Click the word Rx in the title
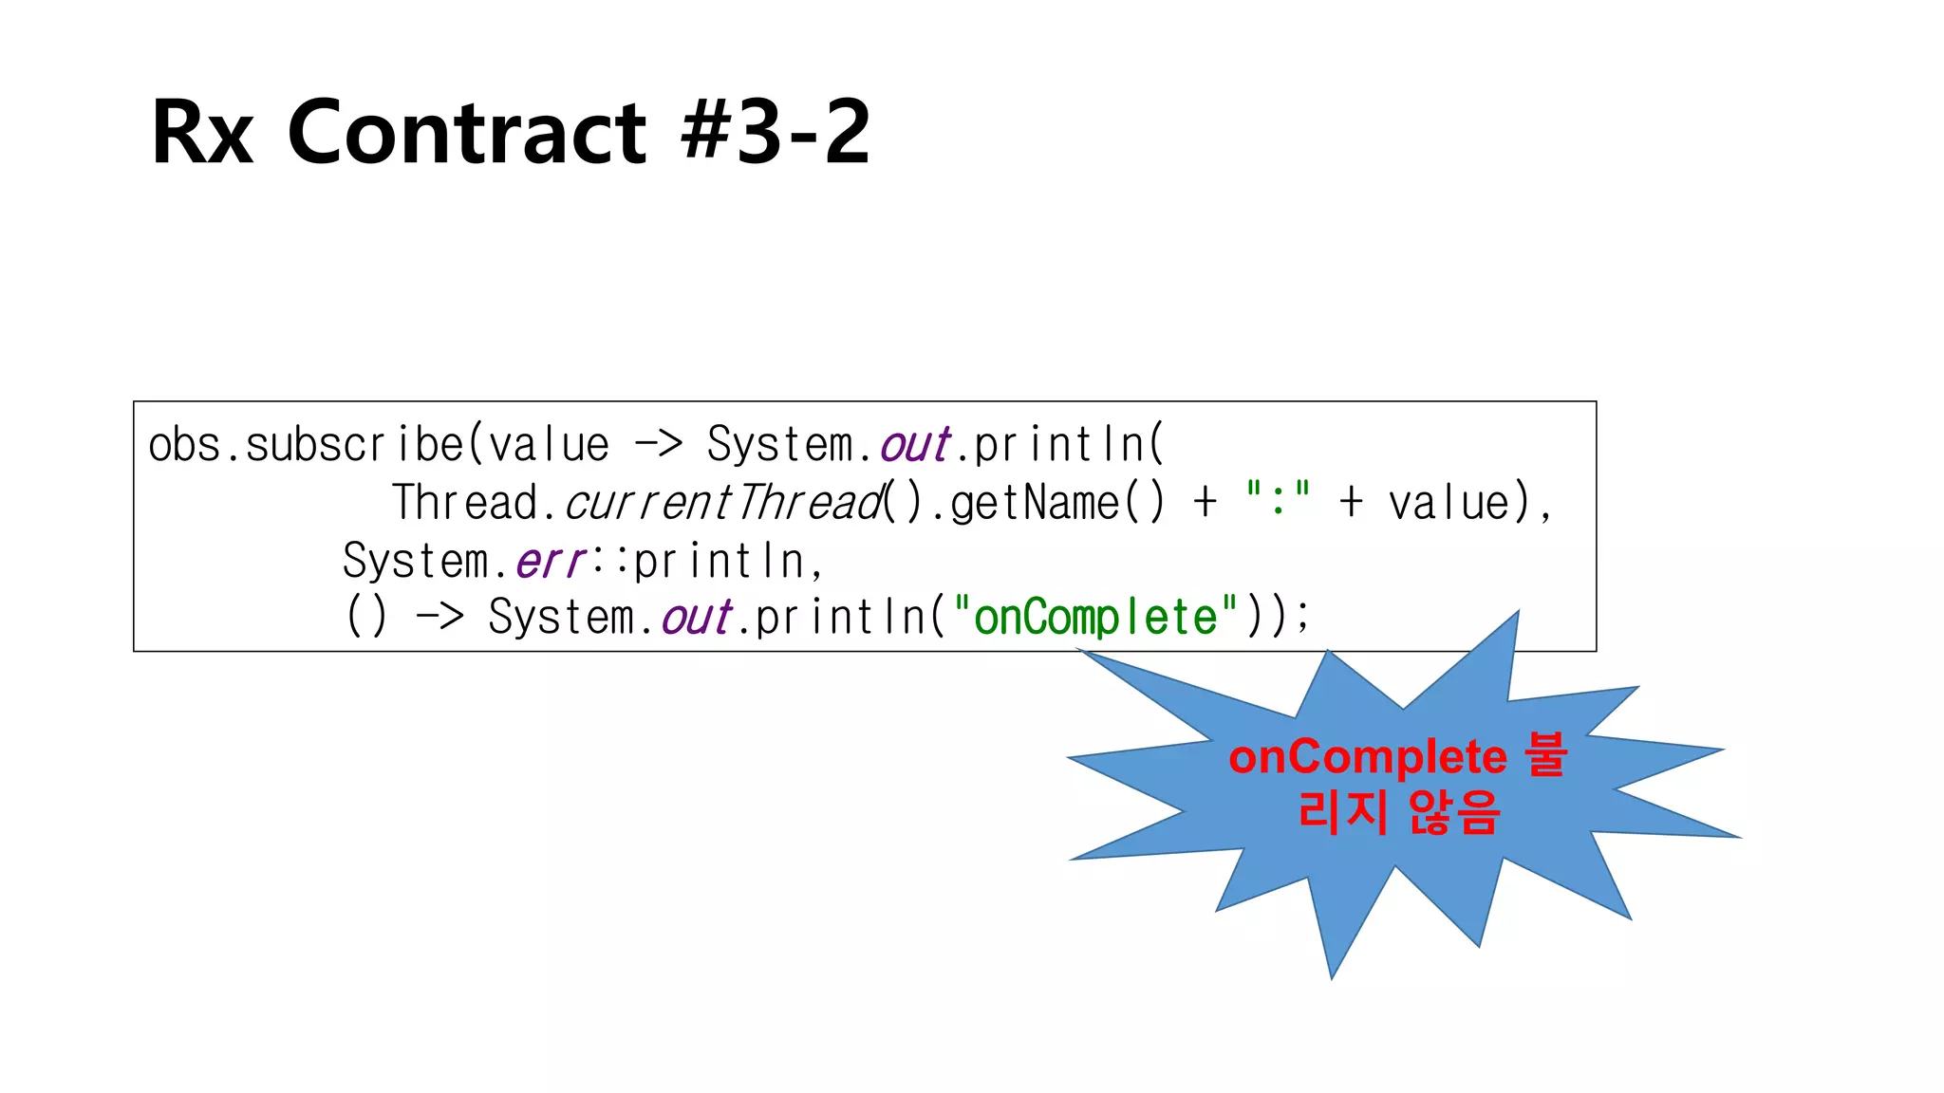click(x=202, y=133)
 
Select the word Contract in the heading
click(x=466, y=133)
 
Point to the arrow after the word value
click(x=658, y=443)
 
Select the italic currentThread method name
click(x=723, y=503)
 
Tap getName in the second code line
click(x=1035, y=503)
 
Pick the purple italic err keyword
click(x=550, y=561)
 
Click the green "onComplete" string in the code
click(x=1095, y=618)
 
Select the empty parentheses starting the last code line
click(x=366, y=617)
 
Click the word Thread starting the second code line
click(x=465, y=503)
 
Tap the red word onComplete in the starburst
click(x=1367, y=757)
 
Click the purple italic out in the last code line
click(x=697, y=618)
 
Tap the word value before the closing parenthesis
click(x=1449, y=503)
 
